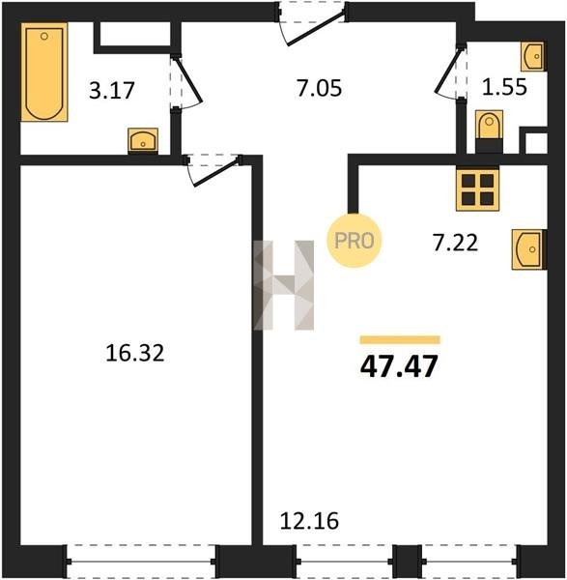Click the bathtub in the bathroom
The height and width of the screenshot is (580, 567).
coord(44,72)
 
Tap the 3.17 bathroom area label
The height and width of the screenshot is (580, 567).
coord(112,91)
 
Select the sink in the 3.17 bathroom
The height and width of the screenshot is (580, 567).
coord(143,140)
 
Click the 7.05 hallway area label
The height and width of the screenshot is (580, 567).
coord(319,89)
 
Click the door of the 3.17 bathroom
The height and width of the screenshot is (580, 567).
coord(186,81)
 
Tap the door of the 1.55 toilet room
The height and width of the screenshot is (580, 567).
coord(450,72)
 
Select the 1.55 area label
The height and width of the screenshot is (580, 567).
coord(504,88)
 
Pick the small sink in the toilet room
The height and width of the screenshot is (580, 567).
coord(532,56)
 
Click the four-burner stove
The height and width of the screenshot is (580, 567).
coord(477,189)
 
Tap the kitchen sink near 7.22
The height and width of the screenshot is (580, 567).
coord(527,249)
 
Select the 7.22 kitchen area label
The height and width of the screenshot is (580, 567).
coord(455,243)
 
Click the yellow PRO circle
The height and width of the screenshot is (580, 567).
coord(354,241)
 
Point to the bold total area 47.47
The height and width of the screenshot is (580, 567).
coord(399,366)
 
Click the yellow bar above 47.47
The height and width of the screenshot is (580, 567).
coord(400,339)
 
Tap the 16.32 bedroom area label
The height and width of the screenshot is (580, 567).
coord(134,353)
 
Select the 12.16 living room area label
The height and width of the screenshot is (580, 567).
coord(309,521)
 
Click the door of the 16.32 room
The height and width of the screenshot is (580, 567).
coord(213,170)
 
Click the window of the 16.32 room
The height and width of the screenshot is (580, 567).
coord(141,561)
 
